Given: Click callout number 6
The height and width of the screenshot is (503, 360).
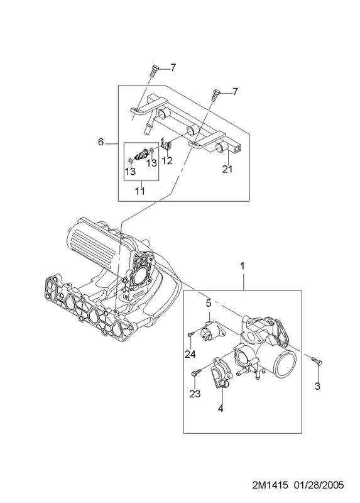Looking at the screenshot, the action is click(101, 141).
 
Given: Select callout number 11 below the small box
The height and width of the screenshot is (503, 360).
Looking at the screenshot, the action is click(139, 191).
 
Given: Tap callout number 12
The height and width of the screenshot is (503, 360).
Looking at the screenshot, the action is click(167, 160).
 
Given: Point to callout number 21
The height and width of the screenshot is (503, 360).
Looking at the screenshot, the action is click(227, 169).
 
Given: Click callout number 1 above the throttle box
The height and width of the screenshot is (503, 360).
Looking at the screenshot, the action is click(243, 266).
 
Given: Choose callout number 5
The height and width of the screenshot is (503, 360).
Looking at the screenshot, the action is click(209, 303).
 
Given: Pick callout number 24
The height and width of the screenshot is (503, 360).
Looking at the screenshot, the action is click(190, 354).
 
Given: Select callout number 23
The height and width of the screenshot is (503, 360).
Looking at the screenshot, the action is click(195, 394).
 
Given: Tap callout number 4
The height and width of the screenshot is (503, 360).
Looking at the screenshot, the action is click(221, 409).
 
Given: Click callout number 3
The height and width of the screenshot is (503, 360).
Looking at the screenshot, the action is click(317, 386).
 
